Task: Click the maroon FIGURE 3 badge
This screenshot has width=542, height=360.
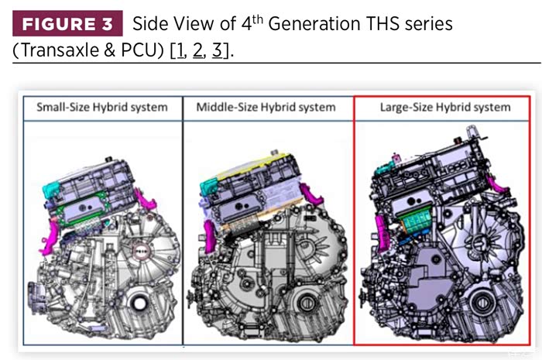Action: (x=67, y=23)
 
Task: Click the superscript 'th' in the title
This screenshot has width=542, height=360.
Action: (x=258, y=19)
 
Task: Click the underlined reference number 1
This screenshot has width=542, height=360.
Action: (x=180, y=51)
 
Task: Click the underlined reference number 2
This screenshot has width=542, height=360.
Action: (x=197, y=51)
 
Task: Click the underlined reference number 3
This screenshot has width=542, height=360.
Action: (x=217, y=51)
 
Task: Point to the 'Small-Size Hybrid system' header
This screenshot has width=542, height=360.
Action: (x=102, y=107)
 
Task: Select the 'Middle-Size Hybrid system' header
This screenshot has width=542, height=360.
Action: (x=266, y=107)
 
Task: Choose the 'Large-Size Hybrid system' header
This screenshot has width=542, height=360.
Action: (x=445, y=107)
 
